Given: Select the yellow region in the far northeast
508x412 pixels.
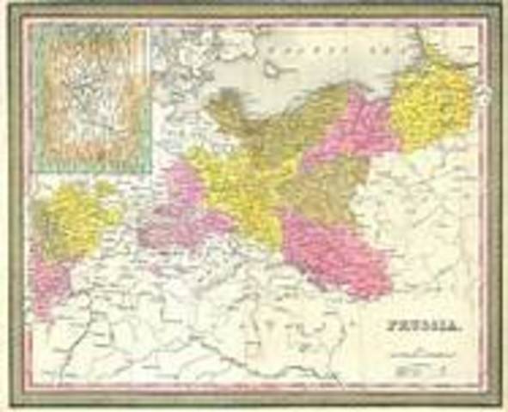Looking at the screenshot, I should pyautogui.click(x=434, y=103).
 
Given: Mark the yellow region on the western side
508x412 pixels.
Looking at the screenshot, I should pyautogui.click(x=77, y=219).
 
